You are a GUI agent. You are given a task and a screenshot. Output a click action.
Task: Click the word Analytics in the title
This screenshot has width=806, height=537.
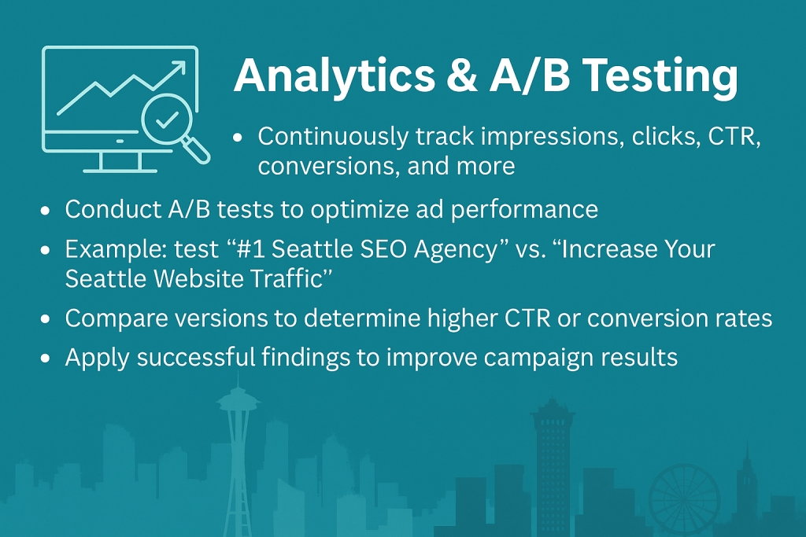click(335, 76)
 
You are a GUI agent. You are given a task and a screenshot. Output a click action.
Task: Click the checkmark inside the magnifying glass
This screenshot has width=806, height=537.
click(167, 120)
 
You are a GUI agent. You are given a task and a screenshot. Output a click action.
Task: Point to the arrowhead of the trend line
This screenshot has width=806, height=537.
click(179, 68)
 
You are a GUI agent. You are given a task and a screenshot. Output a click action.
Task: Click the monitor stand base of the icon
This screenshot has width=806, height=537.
click(120, 170)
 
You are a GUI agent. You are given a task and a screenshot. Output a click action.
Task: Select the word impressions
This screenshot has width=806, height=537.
click(553, 136)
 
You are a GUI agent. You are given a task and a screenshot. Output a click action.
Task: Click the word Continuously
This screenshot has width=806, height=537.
click(333, 137)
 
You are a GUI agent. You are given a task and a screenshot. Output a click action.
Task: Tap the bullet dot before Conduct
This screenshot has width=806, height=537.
click(45, 211)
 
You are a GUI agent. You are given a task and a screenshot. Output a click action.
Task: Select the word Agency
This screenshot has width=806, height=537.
click(456, 250)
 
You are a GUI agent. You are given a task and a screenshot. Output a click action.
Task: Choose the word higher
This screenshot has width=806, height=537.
click(462, 318)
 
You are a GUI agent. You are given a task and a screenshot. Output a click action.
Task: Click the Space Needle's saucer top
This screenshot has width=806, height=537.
click(238, 400)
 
